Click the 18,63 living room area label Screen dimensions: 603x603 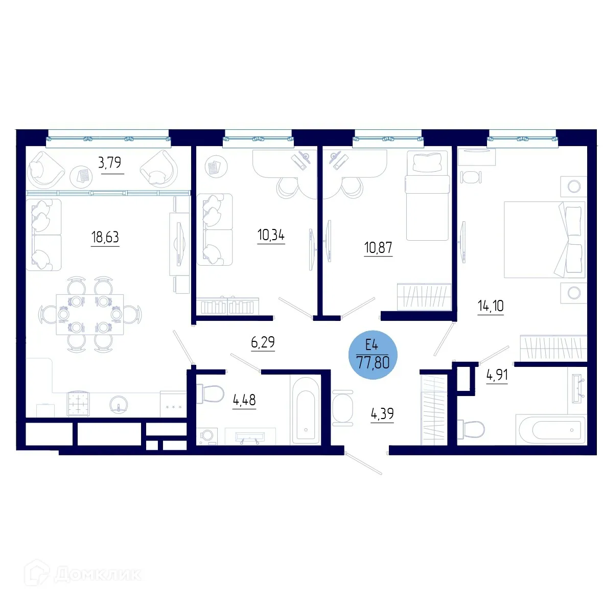click(105, 237)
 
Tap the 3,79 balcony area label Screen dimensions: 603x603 click(109, 163)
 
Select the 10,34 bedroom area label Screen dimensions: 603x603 click(271, 235)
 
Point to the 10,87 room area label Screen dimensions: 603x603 click(378, 248)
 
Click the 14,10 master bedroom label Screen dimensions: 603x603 click(491, 306)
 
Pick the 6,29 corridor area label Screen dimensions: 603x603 click(263, 342)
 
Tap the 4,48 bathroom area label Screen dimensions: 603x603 click(244, 400)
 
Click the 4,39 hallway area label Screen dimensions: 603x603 click(382, 413)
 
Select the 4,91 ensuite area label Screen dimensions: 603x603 click(497, 375)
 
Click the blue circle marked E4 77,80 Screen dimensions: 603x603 click(373, 355)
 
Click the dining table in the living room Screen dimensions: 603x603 click(90, 314)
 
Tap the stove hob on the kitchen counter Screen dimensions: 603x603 click(78, 404)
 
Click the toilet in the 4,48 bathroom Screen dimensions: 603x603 click(211, 393)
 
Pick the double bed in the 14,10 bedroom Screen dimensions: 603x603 click(544, 240)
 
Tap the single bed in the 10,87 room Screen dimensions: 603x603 click(428, 197)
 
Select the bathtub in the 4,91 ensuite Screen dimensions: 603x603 click(550, 430)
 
